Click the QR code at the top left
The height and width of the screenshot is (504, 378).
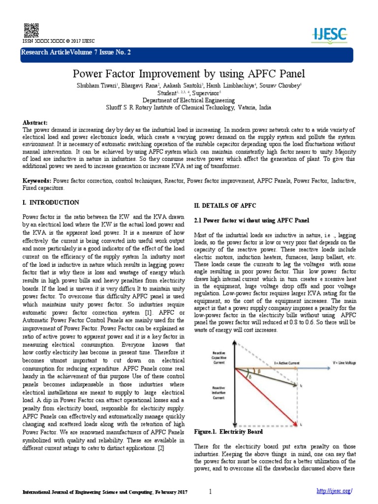pyautogui.click(x=29, y=30)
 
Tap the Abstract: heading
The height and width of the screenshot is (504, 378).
pyautogui.click(x=35, y=122)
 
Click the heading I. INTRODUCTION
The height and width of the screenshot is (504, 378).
pyautogui.click(x=51, y=202)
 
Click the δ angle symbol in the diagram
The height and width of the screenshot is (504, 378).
pyautogui.click(x=250, y=377)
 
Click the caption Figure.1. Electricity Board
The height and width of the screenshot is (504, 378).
pyautogui.click(x=228, y=432)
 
